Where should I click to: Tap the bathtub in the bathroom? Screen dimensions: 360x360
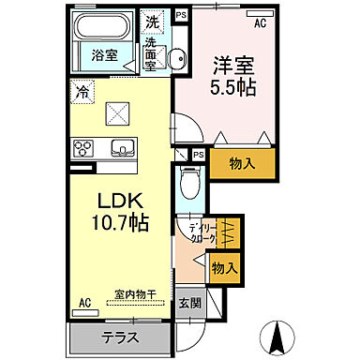102,27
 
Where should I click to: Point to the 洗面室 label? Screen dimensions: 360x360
153,49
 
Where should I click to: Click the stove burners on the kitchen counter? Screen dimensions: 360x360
84,147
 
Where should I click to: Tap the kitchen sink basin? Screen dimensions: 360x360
121,147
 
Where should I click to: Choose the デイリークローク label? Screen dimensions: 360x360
200,233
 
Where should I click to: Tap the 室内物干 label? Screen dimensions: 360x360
136,292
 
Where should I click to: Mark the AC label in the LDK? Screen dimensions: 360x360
84,303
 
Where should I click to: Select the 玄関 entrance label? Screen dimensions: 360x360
188,303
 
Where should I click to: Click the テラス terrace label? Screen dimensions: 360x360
119,337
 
